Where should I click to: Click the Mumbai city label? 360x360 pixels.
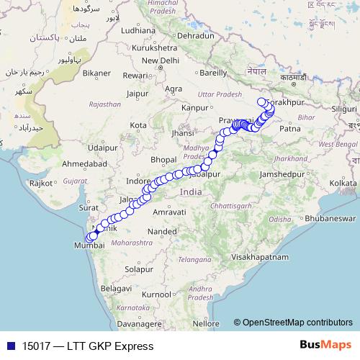click(90, 246)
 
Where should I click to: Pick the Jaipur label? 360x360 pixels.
click(137, 92)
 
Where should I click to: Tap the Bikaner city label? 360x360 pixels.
click(96, 73)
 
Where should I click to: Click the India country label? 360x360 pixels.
click(192, 192)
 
